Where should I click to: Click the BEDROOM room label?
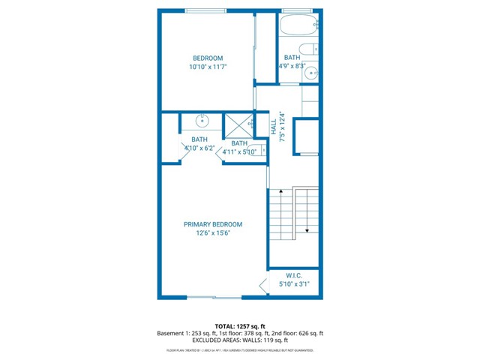coord(208,58)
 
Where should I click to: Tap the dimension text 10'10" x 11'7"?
coord(208,67)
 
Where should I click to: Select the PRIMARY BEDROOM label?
coord(213,224)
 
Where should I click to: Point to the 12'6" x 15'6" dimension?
coord(213,233)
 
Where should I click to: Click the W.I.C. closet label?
coord(293,274)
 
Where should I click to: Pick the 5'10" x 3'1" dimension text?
coord(293,284)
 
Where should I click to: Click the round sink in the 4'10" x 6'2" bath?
coord(202,120)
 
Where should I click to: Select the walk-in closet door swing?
coord(262,285)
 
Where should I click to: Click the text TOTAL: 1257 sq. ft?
coord(240,326)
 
